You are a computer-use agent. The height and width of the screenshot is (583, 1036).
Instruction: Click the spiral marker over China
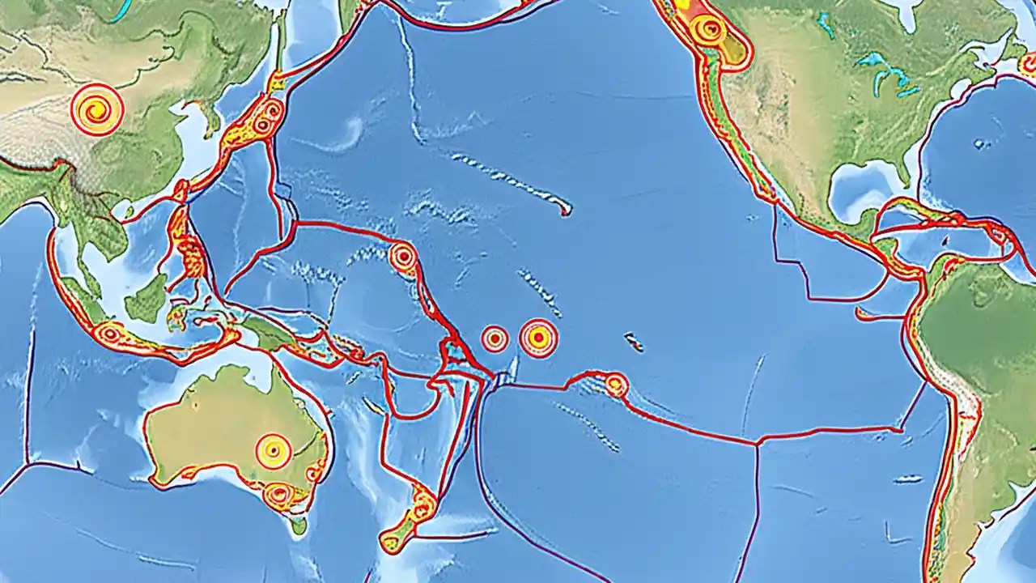[97, 109]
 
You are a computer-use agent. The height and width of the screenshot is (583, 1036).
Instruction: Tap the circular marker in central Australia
[274, 451]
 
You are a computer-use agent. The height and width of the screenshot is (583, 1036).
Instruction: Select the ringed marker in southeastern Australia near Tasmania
[279, 494]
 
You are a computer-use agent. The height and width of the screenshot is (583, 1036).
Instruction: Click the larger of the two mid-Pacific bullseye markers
[538, 338]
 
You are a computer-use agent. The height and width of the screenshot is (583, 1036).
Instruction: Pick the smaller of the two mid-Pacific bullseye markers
[495, 338]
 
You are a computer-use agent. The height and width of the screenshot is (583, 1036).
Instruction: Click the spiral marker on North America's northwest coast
[710, 30]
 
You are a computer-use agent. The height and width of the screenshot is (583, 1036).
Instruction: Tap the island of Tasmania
[299, 526]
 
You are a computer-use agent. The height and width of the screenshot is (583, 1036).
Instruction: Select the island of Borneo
[147, 300]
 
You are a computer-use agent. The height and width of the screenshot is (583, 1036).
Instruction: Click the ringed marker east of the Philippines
[403, 257]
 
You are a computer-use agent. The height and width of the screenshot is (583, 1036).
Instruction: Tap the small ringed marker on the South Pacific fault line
[616, 385]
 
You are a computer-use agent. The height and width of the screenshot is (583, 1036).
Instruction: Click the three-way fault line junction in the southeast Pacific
[757, 443]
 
